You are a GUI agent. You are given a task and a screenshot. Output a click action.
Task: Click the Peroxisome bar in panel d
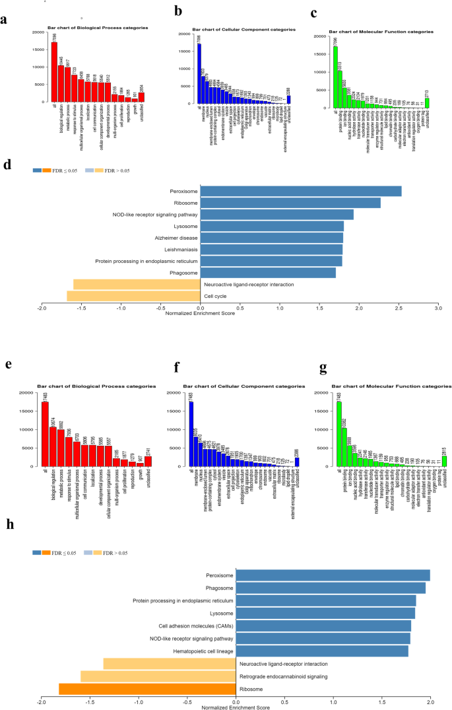[x=301, y=192]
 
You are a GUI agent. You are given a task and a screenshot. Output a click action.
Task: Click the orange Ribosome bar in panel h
[x=147, y=689]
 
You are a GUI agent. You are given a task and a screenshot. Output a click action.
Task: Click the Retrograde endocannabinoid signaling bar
[x=158, y=676]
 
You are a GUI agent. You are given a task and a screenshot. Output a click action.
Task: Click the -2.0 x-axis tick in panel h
[x=41, y=702]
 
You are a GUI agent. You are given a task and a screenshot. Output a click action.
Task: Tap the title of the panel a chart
[x=98, y=28]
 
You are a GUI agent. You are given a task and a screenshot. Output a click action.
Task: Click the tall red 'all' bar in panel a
[x=54, y=73]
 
